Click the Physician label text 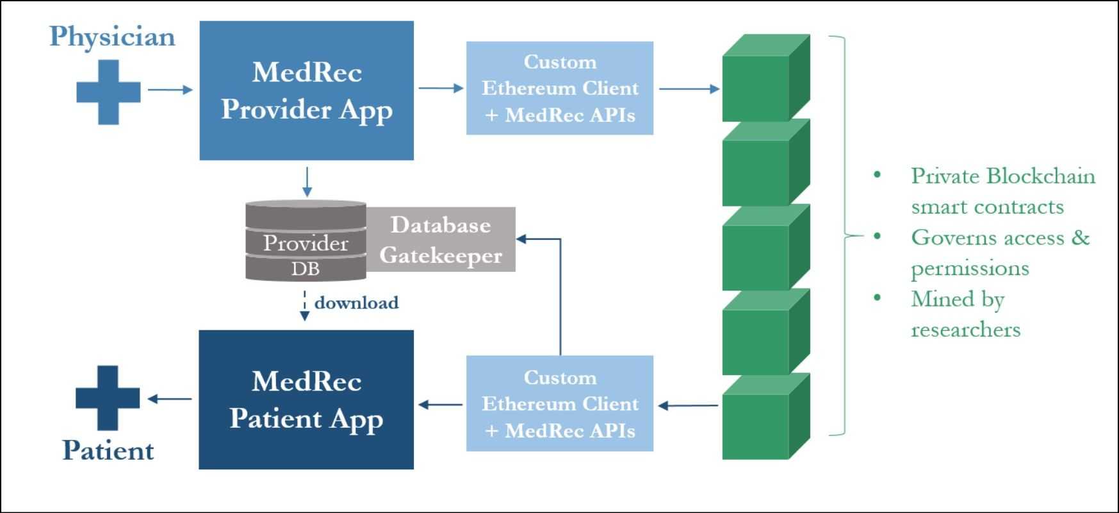[x=112, y=37]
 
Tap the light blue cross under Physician [x=108, y=92]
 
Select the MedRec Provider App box [x=306, y=90]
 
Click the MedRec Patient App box [x=306, y=399]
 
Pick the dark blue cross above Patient [x=108, y=398]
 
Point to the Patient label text [x=108, y=450]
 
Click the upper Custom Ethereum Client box [x=559, y=88]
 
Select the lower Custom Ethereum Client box [x=559, y=403]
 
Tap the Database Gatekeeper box [x=441, y=239]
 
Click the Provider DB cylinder [x=306, y=241]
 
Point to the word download [x=356, y=303]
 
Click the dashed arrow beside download [x=305, y=305]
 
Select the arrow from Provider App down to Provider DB [x=307, y=181]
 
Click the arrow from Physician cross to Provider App [x=170, y=90]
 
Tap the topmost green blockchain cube [x=765, y=79]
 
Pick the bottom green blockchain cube [x=765, y=417]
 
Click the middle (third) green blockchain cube [x=765, y=248]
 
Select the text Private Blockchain [x=1002, y=176]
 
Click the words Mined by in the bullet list [x=957, y=299]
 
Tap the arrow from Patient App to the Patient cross [x=170, y=399]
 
